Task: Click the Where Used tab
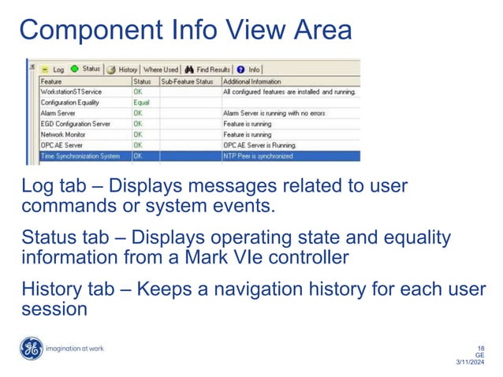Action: click(x=161, y=69)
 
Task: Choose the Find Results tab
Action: click(x=209, y=69)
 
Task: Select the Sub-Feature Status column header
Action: click(x=188, y=81)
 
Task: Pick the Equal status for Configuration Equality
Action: click(x=141, y=103)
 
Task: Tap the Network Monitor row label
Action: click(x=62, y=135)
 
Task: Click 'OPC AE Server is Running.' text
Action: click(x=260, y=145)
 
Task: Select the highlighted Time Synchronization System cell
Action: click(x=80, y=156)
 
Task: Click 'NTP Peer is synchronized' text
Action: click(x=258, y=156)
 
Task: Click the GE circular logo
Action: click(x=32, y=349)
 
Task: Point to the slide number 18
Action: click(x=480, y=348)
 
